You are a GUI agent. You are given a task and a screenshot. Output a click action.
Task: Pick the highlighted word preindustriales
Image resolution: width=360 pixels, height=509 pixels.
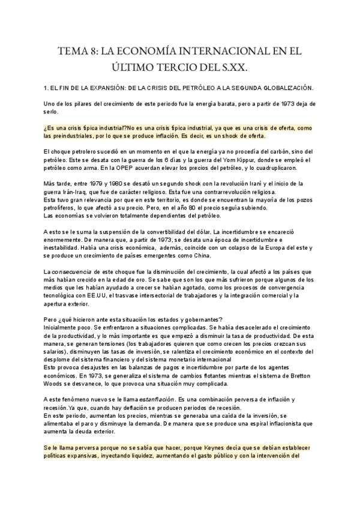click(69, 137)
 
